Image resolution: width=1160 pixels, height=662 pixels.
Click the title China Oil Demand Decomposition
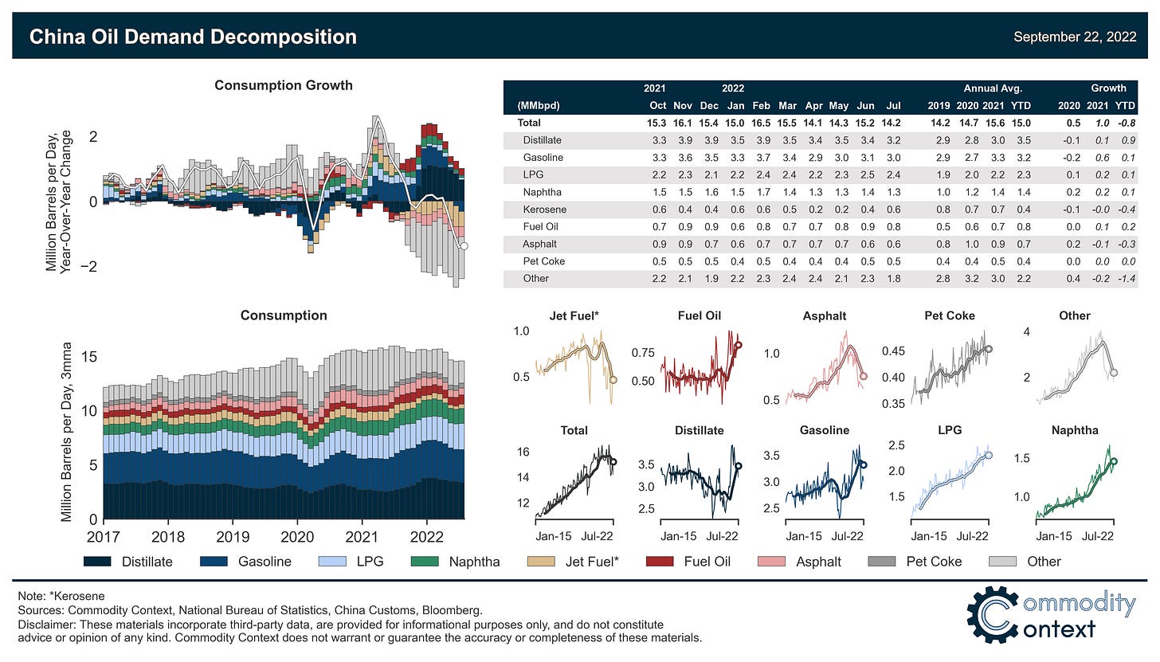193,37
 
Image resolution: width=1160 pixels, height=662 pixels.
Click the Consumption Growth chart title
284,85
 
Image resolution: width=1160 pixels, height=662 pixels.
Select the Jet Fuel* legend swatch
543,562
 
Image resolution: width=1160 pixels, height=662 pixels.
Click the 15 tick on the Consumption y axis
90,357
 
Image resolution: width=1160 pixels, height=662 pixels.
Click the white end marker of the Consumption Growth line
464,246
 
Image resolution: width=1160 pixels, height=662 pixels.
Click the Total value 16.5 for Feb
761,123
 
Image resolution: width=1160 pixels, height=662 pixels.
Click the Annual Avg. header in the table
993,88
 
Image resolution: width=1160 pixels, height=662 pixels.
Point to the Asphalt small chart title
825,315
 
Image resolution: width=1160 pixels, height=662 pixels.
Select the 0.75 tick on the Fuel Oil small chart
641,352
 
